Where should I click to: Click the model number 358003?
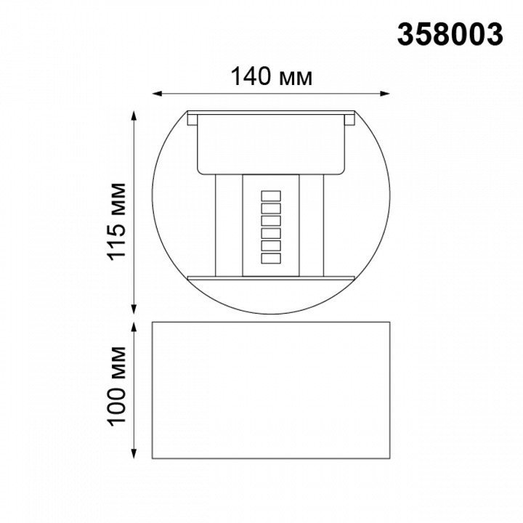pos(450,35)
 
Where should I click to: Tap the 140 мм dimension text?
pos(272,77)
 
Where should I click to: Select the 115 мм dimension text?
pos(116,222)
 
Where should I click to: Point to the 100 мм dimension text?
pos(116,386)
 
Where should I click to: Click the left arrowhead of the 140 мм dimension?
pos(157,94)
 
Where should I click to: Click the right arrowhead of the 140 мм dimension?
pos(385,94)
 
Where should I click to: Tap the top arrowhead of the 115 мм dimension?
pos(134,116)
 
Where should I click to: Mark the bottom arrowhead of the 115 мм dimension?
pos(134,309)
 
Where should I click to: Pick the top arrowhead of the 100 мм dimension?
pos(134,327)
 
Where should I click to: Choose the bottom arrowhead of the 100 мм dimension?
pos(134,453)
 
